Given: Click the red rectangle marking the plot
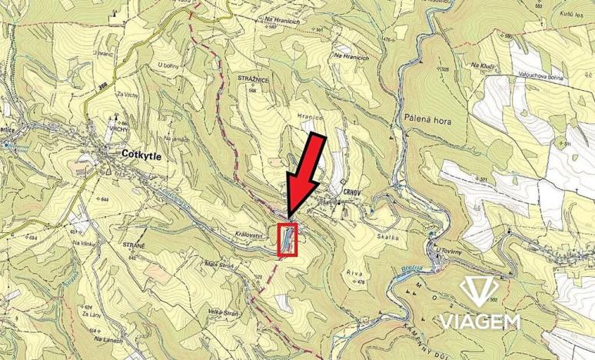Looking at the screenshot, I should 287,239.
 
